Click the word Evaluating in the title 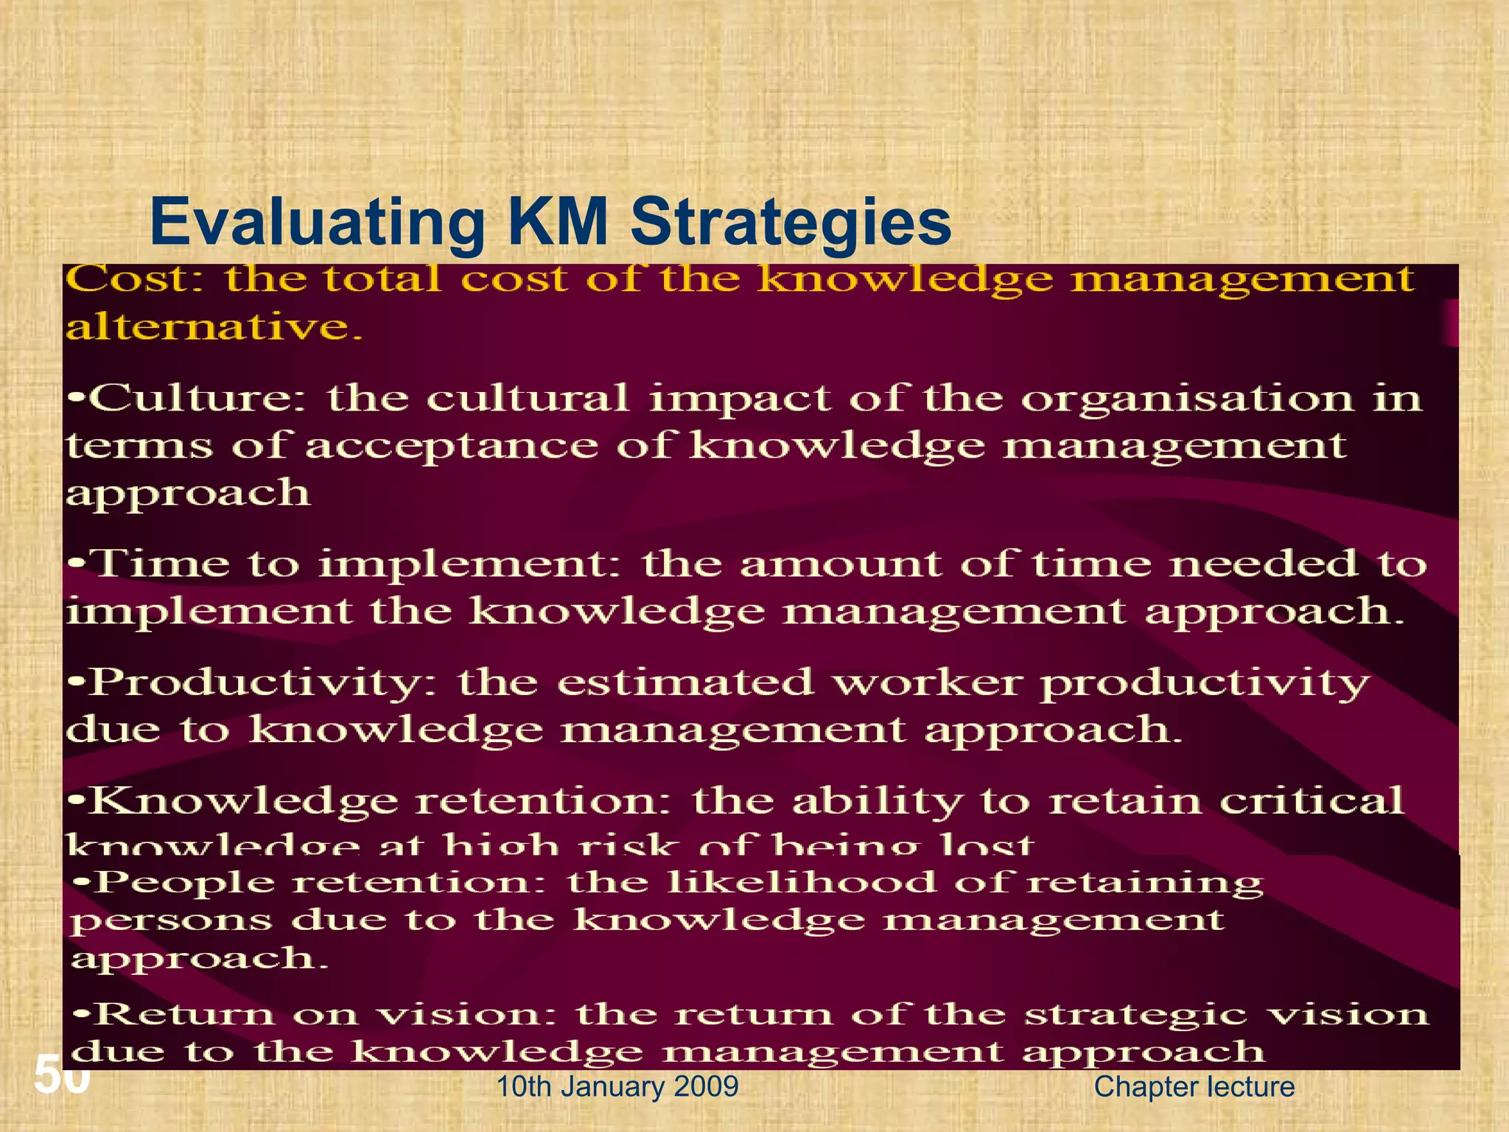pyautogui.click(x=317, y=223)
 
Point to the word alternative pyautogui.click(x=214, y=326)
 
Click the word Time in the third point pyautogui.click(x=161, y=565)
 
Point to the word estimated pyautogui.click(x=685, y=682)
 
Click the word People pyautogui.click(x=184, y=882)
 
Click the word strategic pyautogui.click(x=1134, y=1016)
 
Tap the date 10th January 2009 pyautogui.click(x=617, y=1087)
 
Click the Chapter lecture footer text pyautogui.click(x=1194, y=1087)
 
